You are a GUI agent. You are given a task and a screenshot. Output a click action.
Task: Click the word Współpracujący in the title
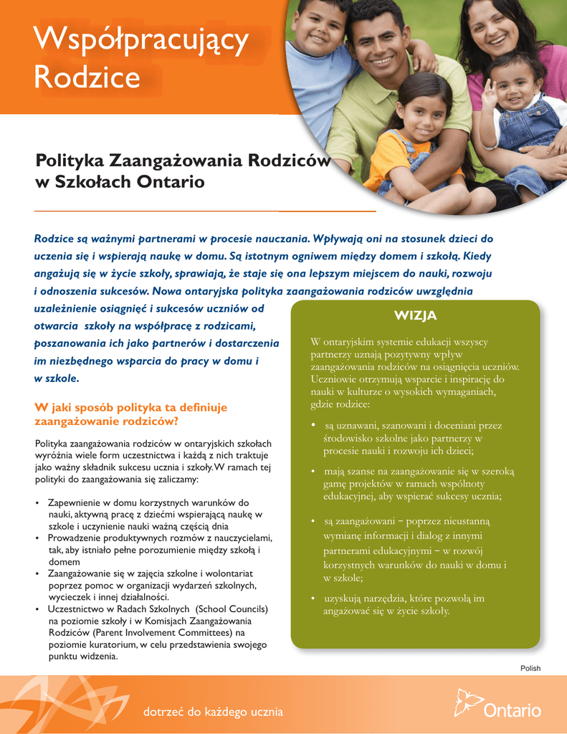[141, 41]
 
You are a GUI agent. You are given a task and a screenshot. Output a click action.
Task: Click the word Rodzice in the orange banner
[87, 77]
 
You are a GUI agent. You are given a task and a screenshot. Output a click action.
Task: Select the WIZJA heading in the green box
[415, 316]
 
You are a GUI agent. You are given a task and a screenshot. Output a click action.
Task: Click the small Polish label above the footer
[530, 668]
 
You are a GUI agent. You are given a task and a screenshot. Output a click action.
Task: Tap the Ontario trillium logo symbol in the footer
[467, 703]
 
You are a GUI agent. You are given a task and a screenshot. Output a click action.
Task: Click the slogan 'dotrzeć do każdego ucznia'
[213, 712]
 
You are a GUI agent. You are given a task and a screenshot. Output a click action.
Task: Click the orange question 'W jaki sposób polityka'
[130, 407]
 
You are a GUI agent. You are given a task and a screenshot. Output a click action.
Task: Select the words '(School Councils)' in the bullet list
[232, 609]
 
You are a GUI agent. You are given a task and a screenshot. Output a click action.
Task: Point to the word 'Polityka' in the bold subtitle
[70, 161]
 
